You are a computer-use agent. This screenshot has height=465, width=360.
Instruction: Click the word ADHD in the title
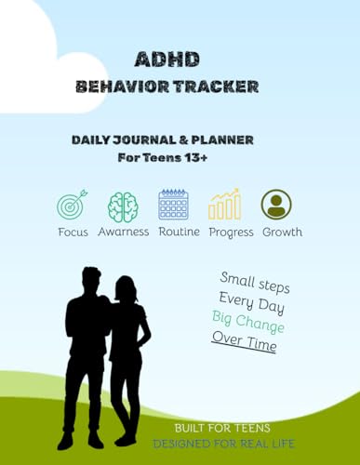167,59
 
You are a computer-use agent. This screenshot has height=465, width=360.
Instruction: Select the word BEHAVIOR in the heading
123,86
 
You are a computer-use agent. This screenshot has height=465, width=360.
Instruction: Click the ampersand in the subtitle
183,140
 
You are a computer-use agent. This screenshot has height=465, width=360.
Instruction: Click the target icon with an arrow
73,205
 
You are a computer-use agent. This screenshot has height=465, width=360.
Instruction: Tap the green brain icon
123,206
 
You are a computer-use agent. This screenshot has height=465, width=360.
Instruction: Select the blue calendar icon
173,205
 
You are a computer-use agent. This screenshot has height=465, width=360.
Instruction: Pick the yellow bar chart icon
224,204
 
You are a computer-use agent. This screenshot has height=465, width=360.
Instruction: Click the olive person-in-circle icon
276,205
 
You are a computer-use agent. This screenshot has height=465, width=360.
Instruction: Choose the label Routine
179,232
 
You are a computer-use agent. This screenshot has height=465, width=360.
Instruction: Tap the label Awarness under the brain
124,232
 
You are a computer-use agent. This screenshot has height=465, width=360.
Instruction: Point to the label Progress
231,232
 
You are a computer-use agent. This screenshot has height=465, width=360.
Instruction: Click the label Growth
282,232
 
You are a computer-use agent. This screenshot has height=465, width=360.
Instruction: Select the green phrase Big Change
248,322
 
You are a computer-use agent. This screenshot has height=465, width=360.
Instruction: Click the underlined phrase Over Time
245,341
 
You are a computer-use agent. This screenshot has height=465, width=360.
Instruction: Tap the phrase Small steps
255,283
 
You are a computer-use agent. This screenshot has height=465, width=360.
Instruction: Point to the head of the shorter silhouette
126,288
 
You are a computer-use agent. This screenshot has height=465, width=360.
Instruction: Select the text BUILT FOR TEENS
222,428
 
